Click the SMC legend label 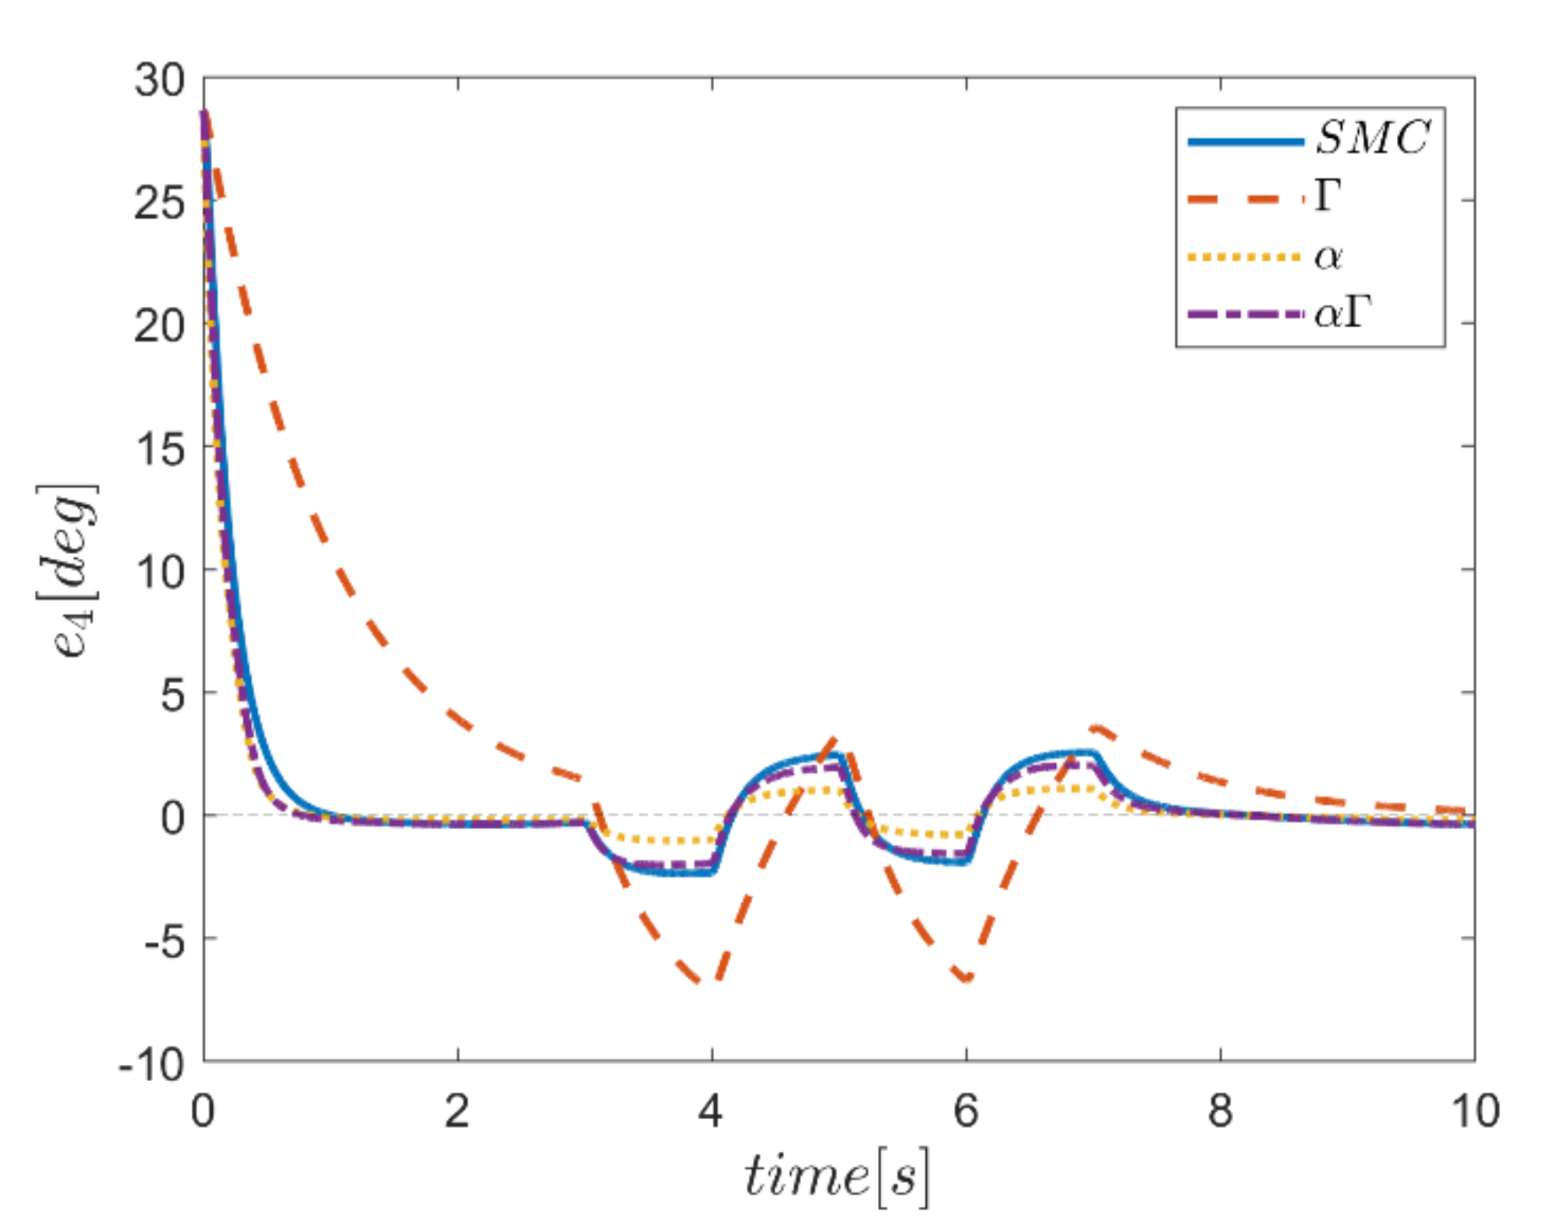coord(1372,138)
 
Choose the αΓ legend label coord(1343,313)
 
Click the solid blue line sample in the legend coord(1245,141)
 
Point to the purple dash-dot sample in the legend coord(1245,314)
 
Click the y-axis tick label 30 coord(159,80)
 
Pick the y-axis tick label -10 coord(152,1064)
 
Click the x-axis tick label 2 coord(457,1111)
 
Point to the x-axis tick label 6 coord(966,1111)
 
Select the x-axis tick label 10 coord(1475,1111)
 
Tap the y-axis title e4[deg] coord(68,571)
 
